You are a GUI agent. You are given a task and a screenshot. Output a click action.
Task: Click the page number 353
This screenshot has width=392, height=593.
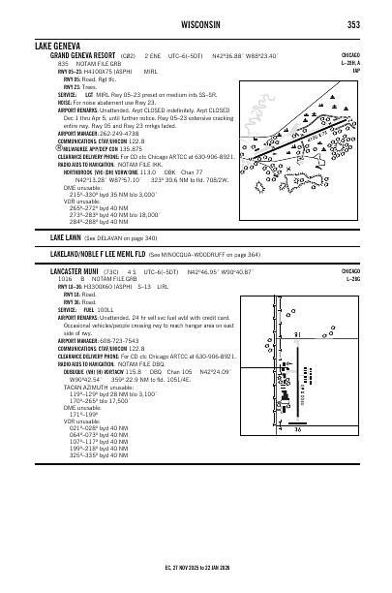(354, 24)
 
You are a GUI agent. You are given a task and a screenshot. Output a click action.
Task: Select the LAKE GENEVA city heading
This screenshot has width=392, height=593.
(59, 46)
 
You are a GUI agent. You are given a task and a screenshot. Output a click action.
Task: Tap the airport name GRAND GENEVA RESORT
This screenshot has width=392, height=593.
(85, 56)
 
